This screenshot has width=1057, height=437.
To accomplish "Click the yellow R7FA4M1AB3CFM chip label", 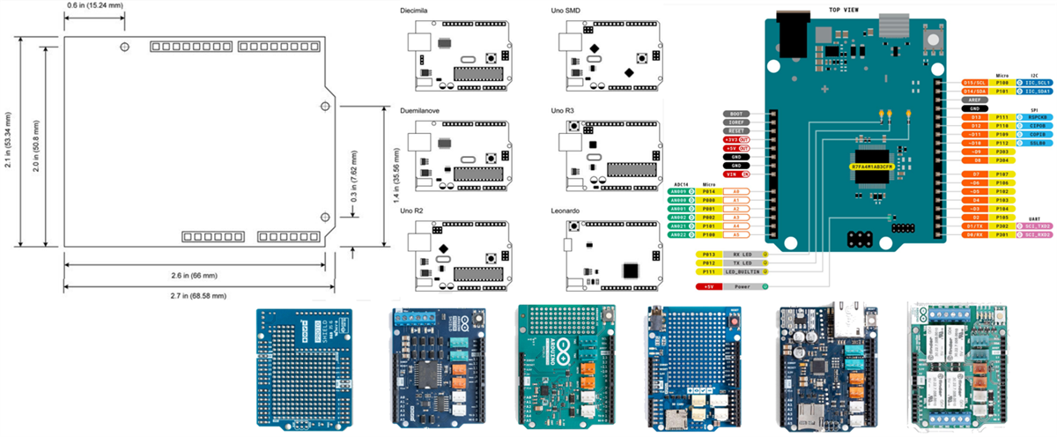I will click(x=861, y=165).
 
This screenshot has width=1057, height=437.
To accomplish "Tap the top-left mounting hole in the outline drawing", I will click(x=126, y=45).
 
